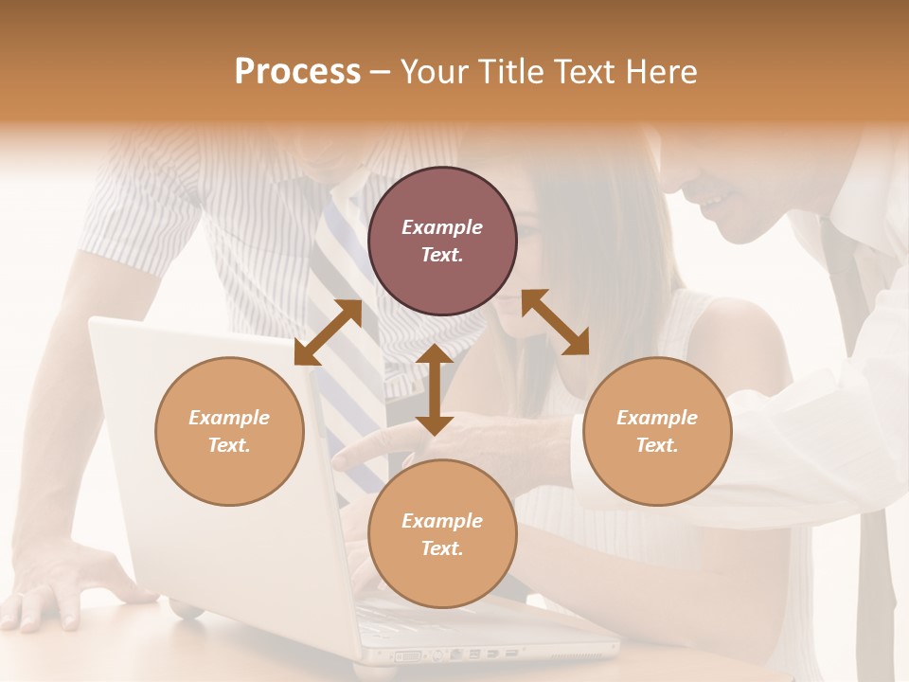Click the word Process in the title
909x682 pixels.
297,72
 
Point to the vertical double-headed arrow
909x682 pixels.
434,389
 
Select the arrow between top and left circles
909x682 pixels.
328,332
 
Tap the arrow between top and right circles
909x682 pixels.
555,322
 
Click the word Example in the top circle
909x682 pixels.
442,227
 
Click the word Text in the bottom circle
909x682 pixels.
442,548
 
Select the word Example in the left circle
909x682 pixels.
229,418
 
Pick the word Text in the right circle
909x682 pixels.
657,445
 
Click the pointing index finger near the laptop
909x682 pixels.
355,453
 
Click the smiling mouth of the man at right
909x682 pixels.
712,202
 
